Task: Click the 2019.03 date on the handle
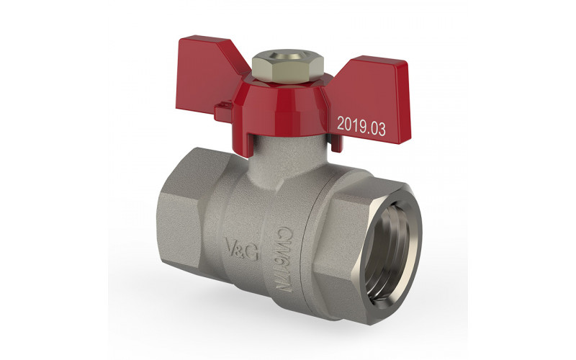[x=361, y=126]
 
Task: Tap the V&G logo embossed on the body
[x=243, y=248]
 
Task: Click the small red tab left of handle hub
[x=223, y=110]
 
